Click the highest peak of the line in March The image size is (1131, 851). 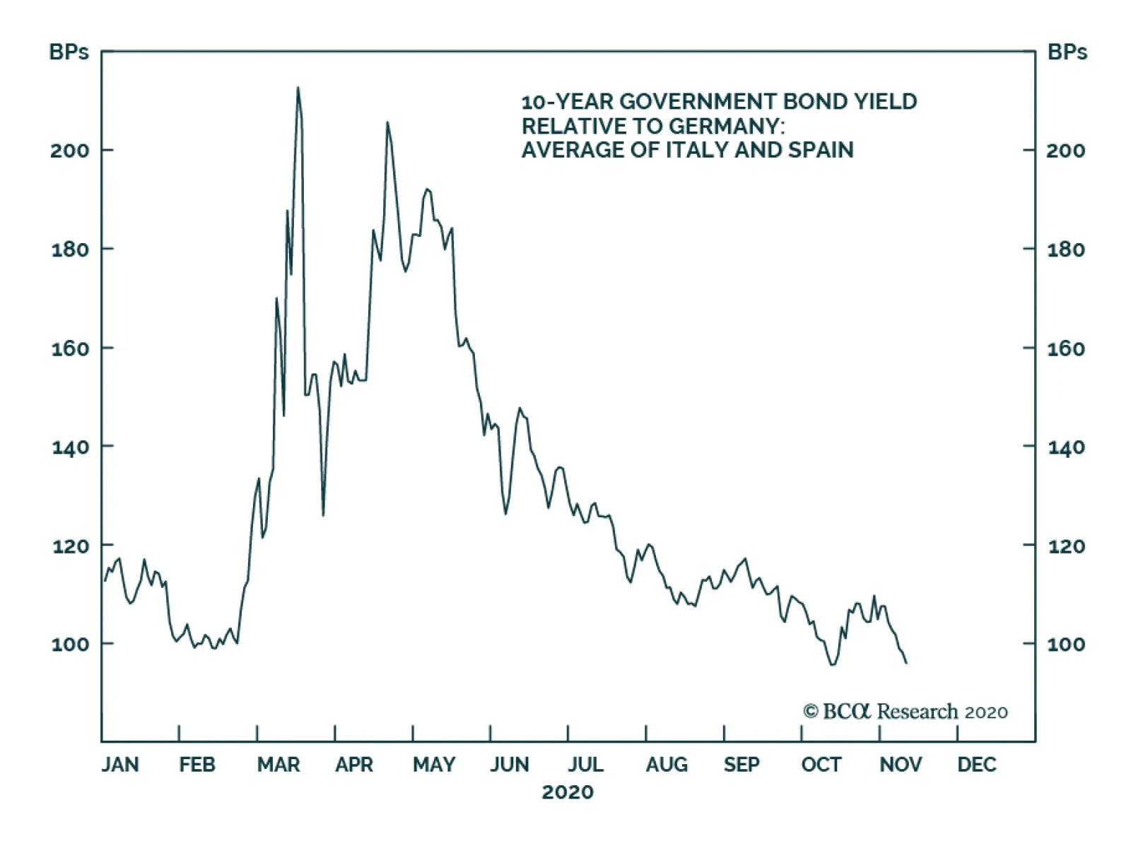(298, 88)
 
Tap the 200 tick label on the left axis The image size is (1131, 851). (69, 151)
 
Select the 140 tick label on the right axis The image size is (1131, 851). (1065, 447)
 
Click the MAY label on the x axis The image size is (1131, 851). (434, 765)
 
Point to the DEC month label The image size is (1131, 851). (977, 765)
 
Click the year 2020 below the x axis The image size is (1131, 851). (568, 792)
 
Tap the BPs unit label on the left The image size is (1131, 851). (69, 52)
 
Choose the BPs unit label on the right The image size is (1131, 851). (1067, 52)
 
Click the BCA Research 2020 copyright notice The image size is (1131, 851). (906, 711)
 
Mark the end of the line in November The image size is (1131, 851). (906, 662)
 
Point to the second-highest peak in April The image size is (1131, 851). (387, 122)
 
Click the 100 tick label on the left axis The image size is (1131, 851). (69, 645)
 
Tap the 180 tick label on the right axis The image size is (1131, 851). (1065, 250)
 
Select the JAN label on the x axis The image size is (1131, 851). (120, 765)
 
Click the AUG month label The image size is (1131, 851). (666, 765)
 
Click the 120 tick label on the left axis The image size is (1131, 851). (69, 546)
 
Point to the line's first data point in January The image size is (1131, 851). (105, 580)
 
